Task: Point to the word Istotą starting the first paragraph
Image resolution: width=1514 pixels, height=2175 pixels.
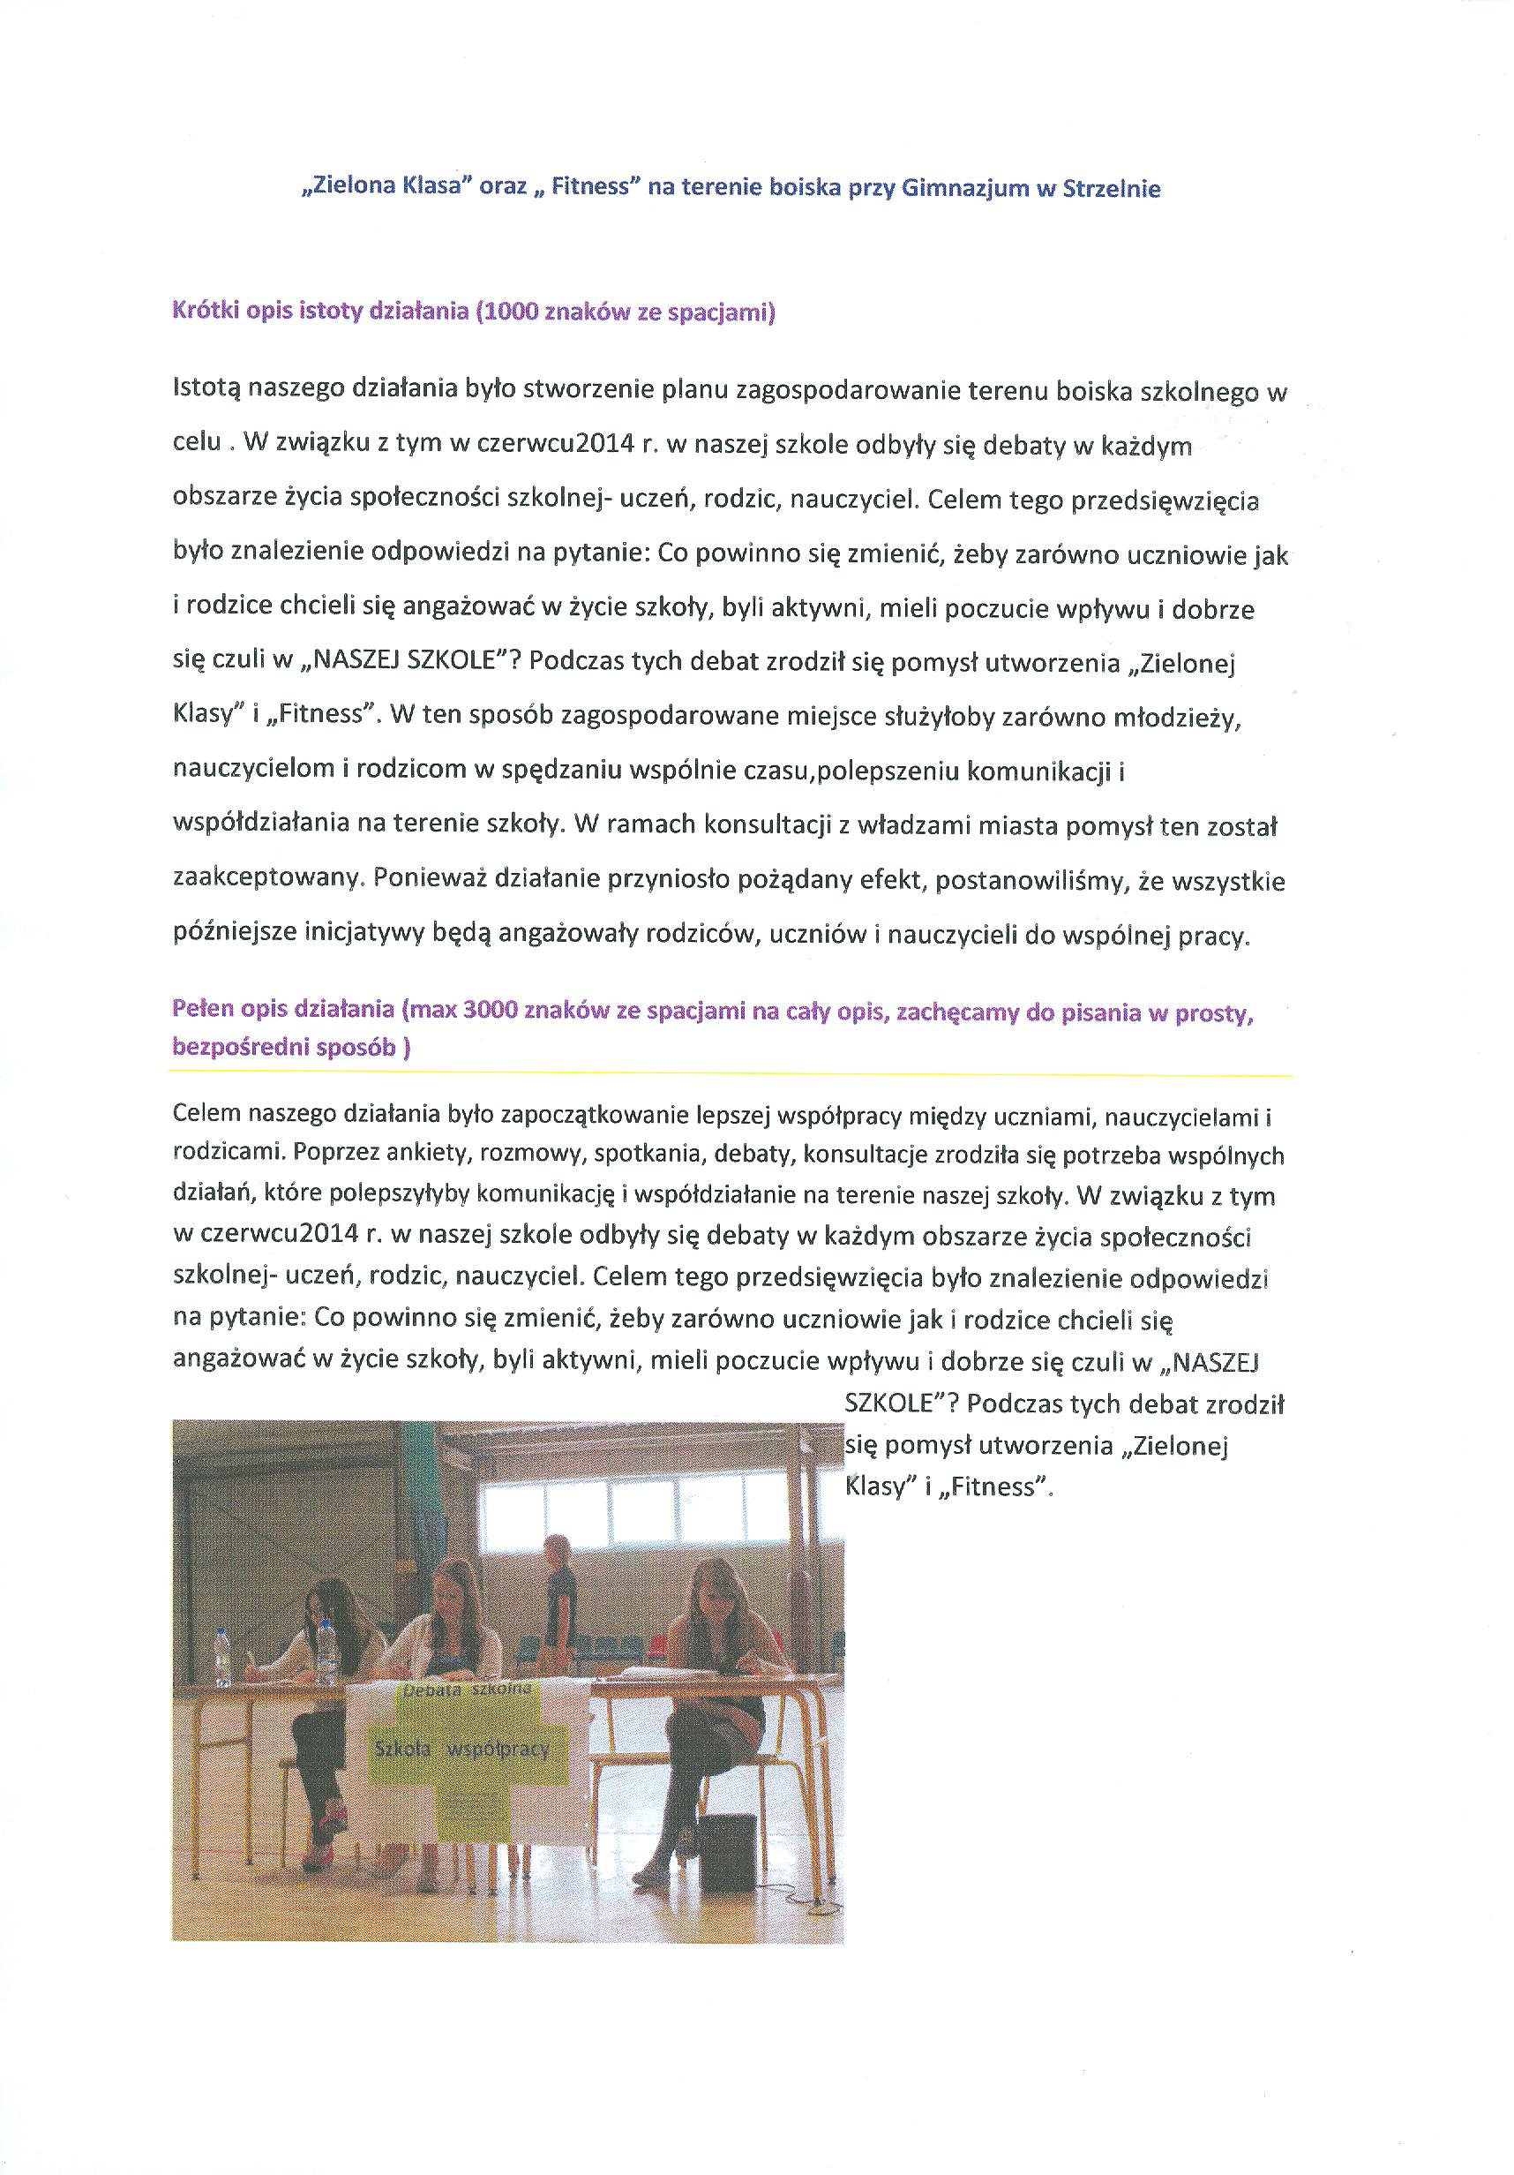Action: [207, 391]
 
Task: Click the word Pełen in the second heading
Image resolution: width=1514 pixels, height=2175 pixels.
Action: [203, 1010]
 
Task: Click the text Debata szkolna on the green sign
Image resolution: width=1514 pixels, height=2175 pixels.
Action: [467, 1691]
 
